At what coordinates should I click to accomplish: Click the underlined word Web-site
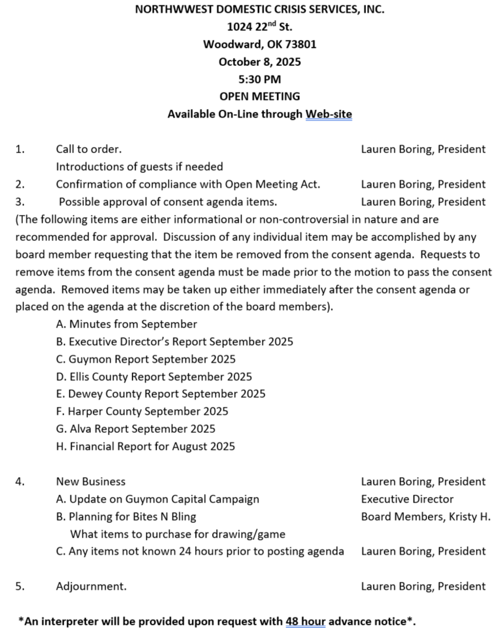click(329, 114)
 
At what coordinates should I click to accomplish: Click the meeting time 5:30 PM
click(259, 79)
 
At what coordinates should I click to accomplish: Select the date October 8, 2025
click(259, 62)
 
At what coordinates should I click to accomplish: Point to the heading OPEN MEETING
click(259, 96)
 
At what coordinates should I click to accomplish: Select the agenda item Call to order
click(89, 149)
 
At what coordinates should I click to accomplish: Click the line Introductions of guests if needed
click(139, 167)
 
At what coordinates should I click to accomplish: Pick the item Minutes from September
click(127, 324)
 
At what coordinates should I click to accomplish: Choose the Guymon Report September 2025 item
click(146, 359)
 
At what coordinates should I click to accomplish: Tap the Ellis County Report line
click(154, 377)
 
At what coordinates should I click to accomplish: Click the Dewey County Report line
click(161, 394)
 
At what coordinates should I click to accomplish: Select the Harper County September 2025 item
click(142, 411)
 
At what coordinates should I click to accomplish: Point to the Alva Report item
click(136, 429)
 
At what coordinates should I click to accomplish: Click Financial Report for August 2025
click(146, 447)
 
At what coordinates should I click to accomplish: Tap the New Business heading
click(91, 481)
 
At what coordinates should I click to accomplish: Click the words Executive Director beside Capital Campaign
click(407, 499)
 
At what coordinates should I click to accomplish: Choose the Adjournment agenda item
click(91, 586)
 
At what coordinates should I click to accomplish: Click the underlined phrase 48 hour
click(305, 621)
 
